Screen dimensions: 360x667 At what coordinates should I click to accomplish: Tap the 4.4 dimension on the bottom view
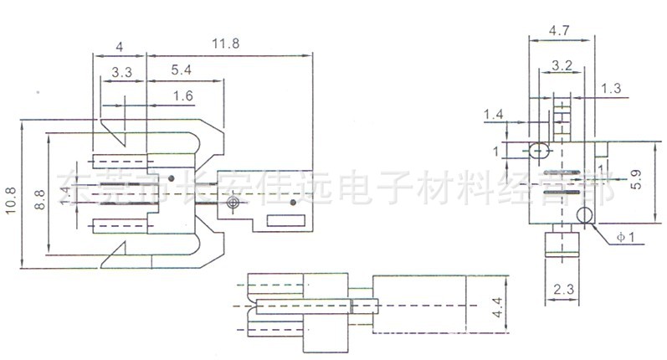[497, 312]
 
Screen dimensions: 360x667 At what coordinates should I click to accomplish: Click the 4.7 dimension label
[560, 30]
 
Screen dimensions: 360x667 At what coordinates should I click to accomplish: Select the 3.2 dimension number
[562, 64]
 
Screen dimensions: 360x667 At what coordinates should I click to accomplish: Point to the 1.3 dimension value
[611, 88]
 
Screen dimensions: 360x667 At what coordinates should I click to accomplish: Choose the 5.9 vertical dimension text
[636, 178]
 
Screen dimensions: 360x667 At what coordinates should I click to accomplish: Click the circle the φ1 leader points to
[584, 219]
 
